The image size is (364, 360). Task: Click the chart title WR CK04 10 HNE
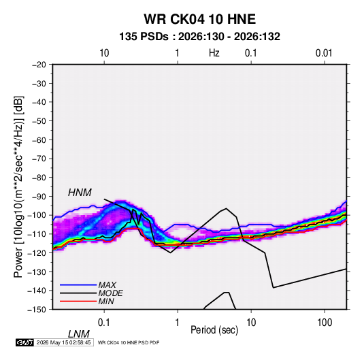[x=199, y=19]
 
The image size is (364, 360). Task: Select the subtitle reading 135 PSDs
[x=144, y=37]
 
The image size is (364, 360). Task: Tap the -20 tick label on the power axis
[x=39, y=65]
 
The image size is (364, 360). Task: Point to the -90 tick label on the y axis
[x=39, y=197]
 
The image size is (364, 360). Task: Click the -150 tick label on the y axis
[x=37, y=310]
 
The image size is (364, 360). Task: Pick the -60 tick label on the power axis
[x=39, y=140]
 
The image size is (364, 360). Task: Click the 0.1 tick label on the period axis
[x=104, y=323]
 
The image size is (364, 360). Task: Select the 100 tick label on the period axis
[x=325, y=323]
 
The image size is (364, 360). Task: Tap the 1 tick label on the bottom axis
[x=178, y=323]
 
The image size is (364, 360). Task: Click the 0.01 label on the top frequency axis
[x=324, y=53]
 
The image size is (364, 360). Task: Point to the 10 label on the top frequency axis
[x=104, y=53]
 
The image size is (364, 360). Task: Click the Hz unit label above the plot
[x=214, y=53]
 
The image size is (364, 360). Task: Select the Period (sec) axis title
[x=214, y=330]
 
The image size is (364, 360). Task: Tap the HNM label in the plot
[x=80, y=193]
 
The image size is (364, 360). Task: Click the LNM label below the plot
[x=79, y=334]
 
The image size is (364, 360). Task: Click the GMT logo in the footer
[x=24, y=342]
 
